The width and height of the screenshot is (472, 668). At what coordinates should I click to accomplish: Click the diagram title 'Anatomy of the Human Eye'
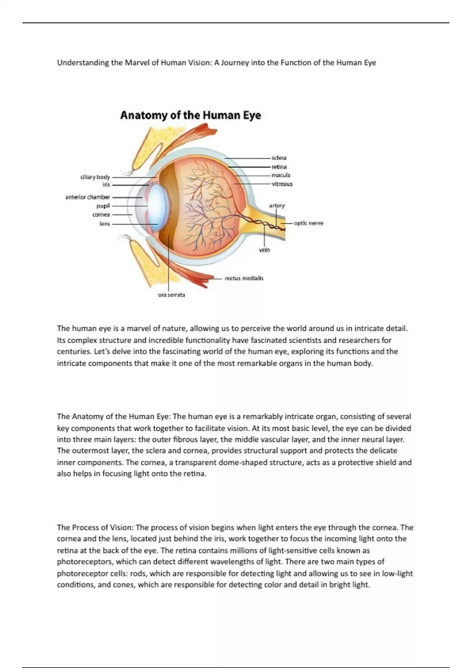190,115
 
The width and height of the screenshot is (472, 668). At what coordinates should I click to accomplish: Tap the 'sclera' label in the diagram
279,158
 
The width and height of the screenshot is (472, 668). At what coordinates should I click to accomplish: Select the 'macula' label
281,175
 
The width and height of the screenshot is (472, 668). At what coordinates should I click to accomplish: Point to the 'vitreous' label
282,184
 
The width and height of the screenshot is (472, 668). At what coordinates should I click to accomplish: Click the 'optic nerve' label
309,223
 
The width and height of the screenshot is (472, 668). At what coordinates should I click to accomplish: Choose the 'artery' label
277,206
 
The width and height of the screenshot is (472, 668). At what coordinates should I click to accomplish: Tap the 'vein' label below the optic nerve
265,250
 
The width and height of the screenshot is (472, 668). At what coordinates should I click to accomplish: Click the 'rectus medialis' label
244,278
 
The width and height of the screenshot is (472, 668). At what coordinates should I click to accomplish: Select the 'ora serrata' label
171,295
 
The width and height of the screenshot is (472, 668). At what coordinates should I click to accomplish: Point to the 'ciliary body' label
95,177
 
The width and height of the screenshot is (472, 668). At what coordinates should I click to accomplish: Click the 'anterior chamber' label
88,197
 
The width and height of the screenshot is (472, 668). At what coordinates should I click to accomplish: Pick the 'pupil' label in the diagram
103,206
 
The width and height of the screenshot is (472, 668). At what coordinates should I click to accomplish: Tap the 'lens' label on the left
105,224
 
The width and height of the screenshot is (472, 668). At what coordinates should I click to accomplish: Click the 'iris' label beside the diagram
106,185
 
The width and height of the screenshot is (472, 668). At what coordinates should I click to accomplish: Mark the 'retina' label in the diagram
279,167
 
